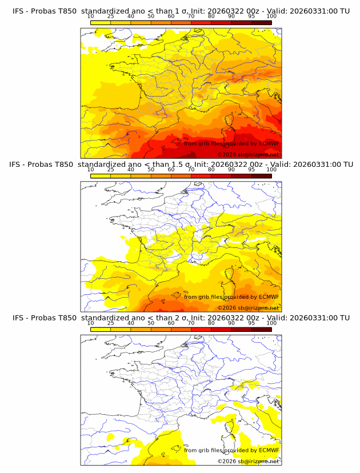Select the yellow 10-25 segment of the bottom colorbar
[101, 329]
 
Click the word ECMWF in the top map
[269, 143]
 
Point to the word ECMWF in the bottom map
[269, 450]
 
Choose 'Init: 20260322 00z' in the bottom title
[227, 317]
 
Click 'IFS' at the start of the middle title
[19, 164]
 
